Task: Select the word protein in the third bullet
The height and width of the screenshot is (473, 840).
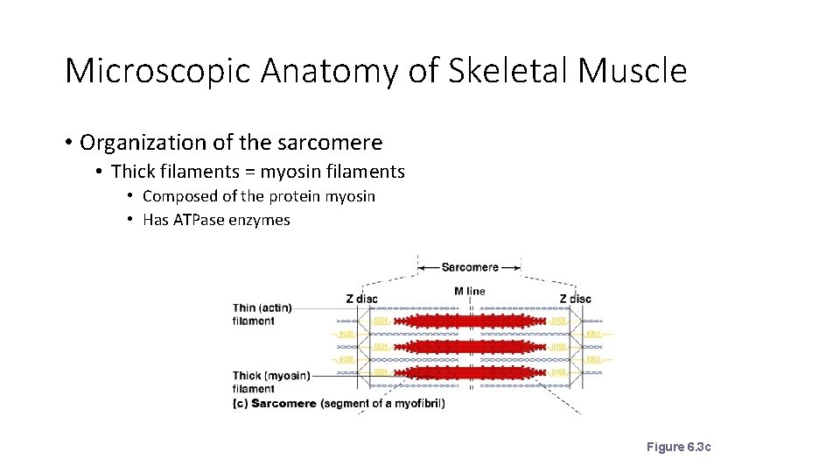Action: [295, 196]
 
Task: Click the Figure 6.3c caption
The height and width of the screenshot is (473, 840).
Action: [678, 447]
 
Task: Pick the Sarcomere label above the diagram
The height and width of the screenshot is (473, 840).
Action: [470, 267]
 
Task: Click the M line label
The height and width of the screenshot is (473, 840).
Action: [470, 291]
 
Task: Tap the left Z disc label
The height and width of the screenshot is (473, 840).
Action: [361, 299]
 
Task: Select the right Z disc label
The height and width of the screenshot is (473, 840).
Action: [575, 299]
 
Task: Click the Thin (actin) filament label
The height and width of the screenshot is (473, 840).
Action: [262, 314]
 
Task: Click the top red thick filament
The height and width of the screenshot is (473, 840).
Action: [470, 321]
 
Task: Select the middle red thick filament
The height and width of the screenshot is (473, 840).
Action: [470, 347]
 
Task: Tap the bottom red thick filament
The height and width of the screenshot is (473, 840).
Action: [470, 372]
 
